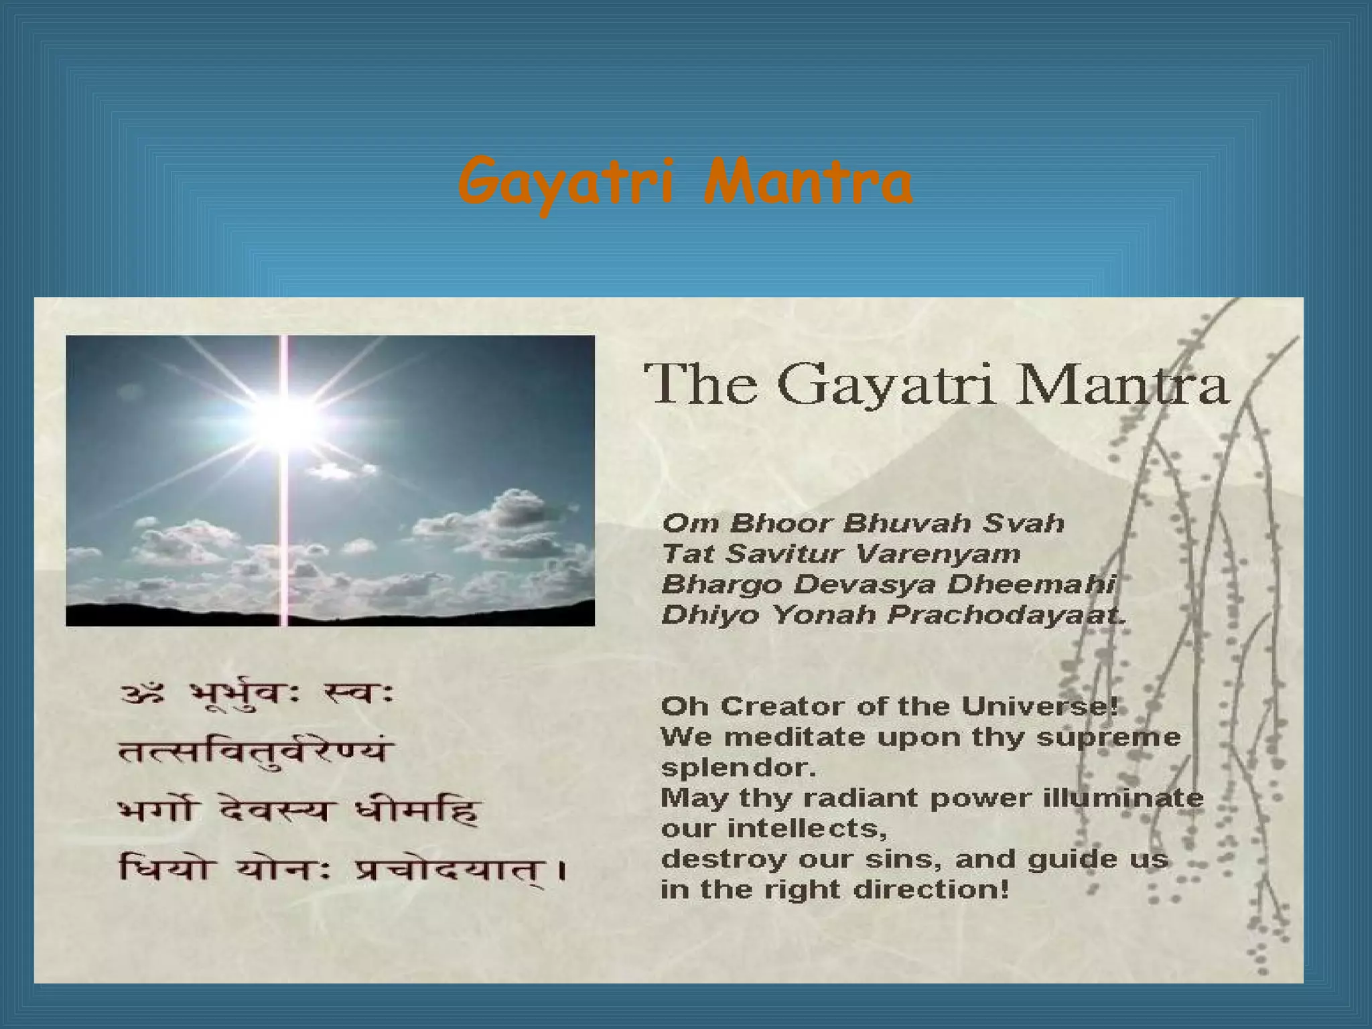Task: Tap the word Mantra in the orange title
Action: (x=808, y=182)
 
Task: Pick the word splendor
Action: (x=737, y=768)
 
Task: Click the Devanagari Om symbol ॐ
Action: (x=142, y=695)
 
